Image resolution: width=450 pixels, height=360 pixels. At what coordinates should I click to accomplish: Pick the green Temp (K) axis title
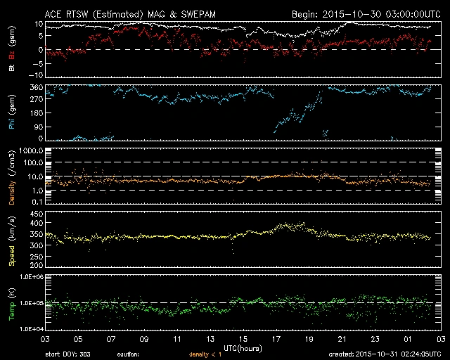[x=11, y=303]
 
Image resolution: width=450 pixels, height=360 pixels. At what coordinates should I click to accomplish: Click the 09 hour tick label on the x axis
[x=143, y=338]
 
